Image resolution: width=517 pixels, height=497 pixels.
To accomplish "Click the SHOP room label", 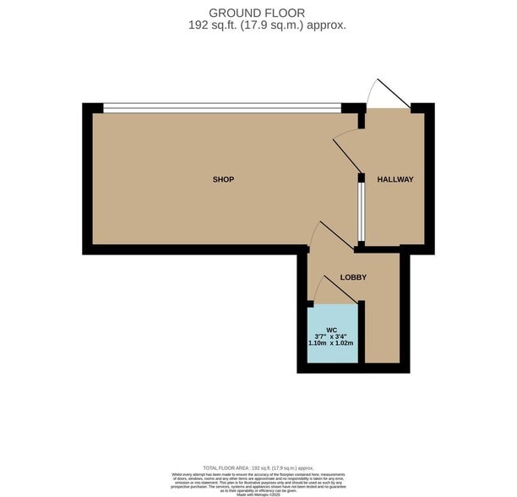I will [223, 179].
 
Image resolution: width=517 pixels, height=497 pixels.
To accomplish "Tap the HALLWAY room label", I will [395, 179].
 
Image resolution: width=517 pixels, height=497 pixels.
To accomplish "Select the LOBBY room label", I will [352, 277].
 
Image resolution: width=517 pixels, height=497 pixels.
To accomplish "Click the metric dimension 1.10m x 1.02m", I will [330, 345].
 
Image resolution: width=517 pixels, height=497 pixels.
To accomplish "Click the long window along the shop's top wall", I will [221, 107].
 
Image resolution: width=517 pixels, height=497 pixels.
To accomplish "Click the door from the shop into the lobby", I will [329, 236].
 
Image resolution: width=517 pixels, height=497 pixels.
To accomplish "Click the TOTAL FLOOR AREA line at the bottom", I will [258, 467].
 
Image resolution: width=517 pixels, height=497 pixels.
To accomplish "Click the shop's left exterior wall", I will [87, 179].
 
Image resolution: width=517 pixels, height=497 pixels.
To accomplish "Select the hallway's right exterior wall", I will [428, 179].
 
